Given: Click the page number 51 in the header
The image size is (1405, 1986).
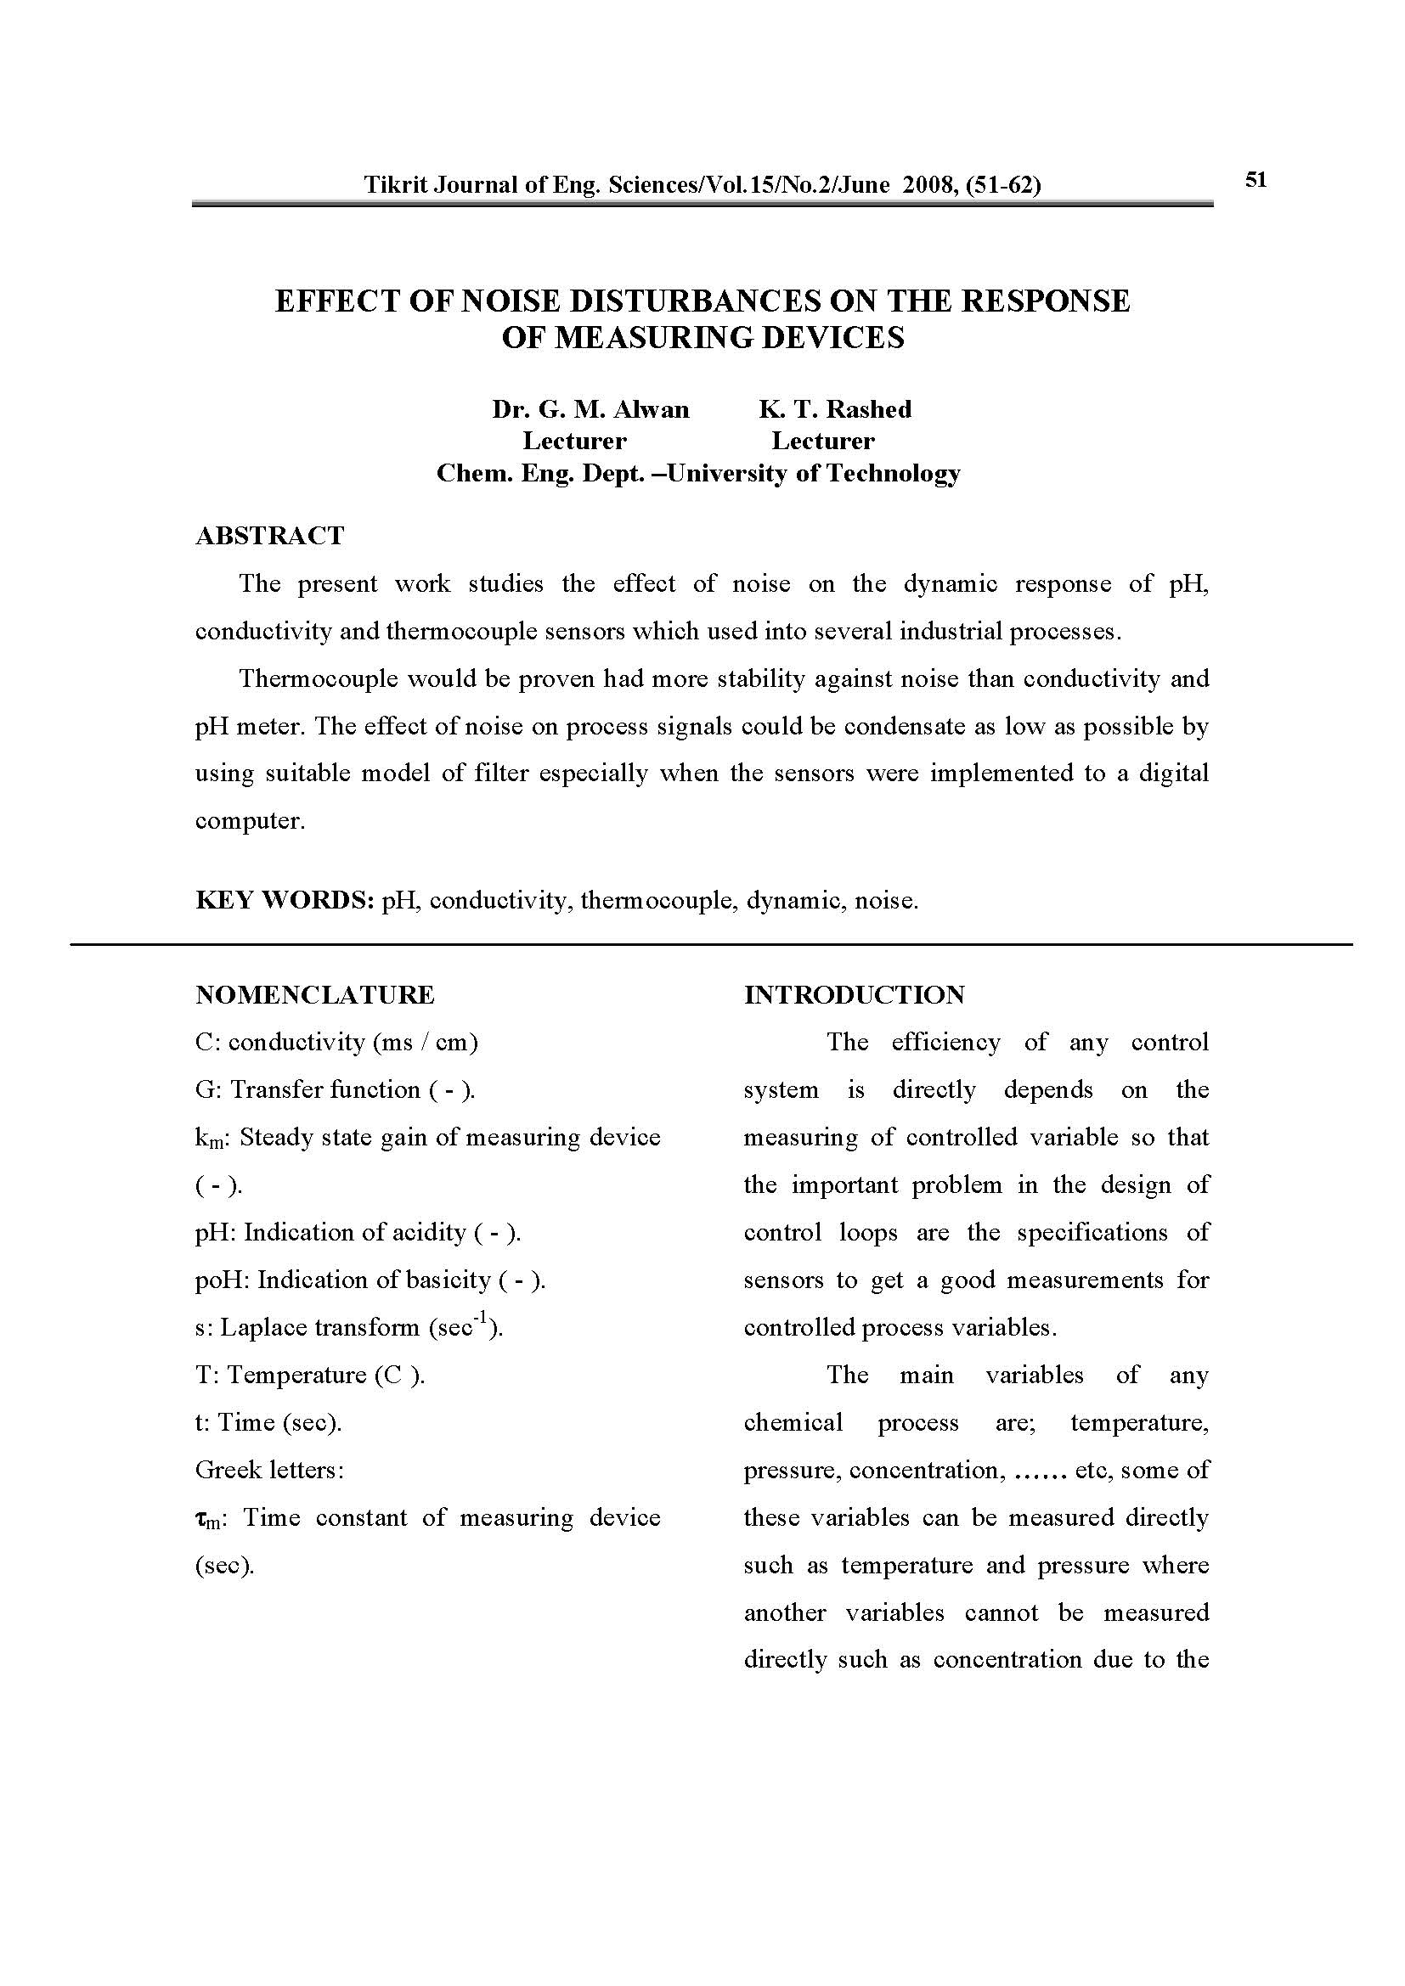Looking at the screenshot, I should tap(1255, 180).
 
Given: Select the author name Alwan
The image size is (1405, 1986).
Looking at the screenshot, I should tap(651, 409).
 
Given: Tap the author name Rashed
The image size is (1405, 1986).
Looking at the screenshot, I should tap(869, 409).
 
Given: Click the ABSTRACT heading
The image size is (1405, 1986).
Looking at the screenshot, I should tap(270, 537).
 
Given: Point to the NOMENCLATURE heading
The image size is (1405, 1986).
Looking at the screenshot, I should tap(315, 995).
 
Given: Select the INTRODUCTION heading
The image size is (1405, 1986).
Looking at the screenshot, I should tap(854, 995).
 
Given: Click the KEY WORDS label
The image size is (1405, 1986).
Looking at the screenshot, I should tap(285, 900).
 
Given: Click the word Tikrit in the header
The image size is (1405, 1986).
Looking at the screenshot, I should tap(391, 184).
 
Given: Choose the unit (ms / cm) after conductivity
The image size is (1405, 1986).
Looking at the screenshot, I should tap(426, 1043).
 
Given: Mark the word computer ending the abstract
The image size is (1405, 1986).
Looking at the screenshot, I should tap(249, 820).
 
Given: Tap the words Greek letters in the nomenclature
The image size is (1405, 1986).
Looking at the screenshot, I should tap(269, 1470).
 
